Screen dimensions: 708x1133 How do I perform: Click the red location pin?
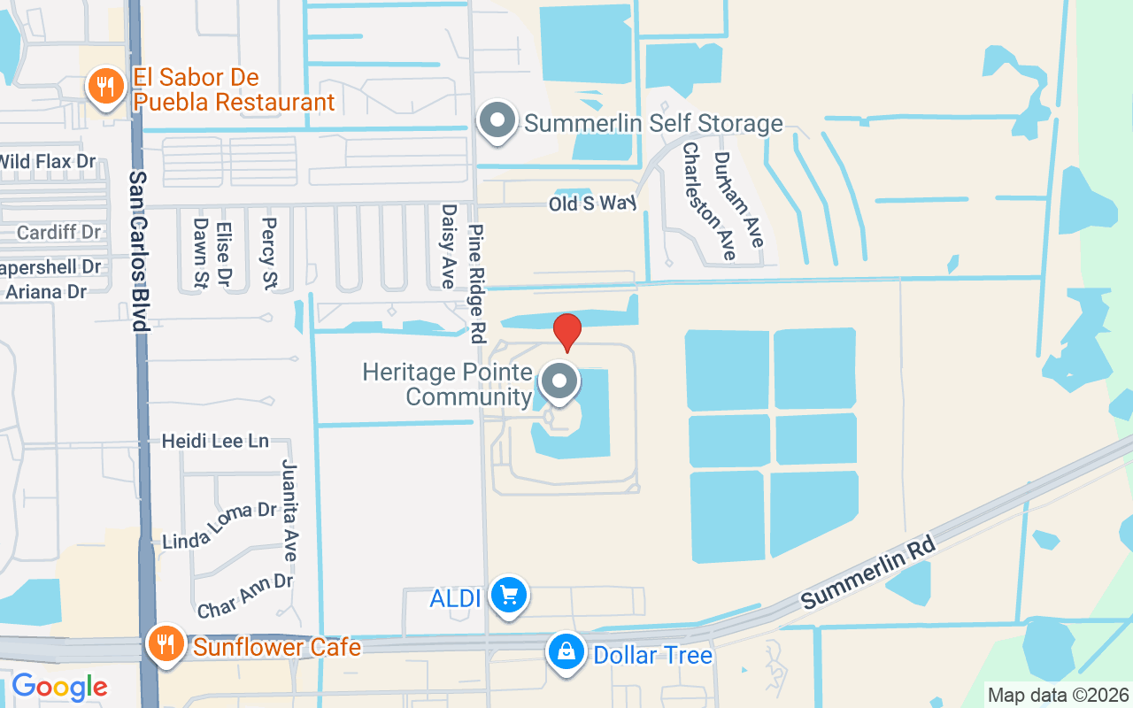tap(566, 332)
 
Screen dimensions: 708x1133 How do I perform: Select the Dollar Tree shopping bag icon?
tap(566, 653)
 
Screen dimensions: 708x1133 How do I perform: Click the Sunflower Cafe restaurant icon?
tap(166, 643)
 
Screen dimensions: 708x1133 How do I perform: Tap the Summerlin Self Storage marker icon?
tap(497, 120)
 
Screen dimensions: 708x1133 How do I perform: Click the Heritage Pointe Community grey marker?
tap(559, 382)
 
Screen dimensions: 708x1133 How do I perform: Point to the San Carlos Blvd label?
tap(138, 251)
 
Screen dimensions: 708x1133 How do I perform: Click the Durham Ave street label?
tap(738, 200)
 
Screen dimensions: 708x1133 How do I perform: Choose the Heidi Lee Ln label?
tap(215, 441)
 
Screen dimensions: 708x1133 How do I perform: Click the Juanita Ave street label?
tap(289, 510)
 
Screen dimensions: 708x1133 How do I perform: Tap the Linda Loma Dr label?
tap(220, 525)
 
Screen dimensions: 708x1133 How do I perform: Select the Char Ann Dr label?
tap(244, 596)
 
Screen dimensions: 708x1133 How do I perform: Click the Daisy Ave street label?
tap(449, 246)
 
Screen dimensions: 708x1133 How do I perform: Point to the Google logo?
tap(59, 687)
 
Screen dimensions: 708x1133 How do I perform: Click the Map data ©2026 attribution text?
tap(1059, 695)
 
